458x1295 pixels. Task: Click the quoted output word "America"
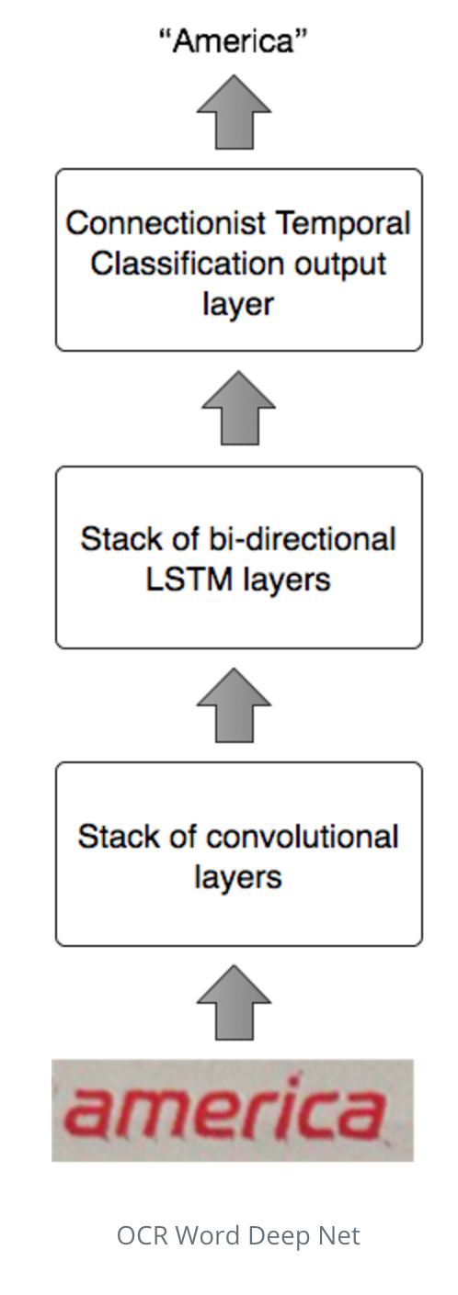(x=233, y=41)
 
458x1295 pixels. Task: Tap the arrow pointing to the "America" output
(x=234, y=111)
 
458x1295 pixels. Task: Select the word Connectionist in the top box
(x=166, y=223)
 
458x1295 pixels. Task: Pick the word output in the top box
(x=340, y=265)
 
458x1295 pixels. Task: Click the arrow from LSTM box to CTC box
(x=238, y=408)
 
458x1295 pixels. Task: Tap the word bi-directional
(x=302, y=539)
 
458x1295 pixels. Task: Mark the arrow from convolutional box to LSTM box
(x=234, y=705)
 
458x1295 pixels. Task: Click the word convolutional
(x=302, y=837)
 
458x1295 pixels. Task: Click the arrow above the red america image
(x=234, y=1002)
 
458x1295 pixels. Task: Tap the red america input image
(x=233, y=1110)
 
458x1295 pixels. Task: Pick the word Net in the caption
(x=339, y=1236)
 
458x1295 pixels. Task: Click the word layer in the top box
(x=238, y=305)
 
